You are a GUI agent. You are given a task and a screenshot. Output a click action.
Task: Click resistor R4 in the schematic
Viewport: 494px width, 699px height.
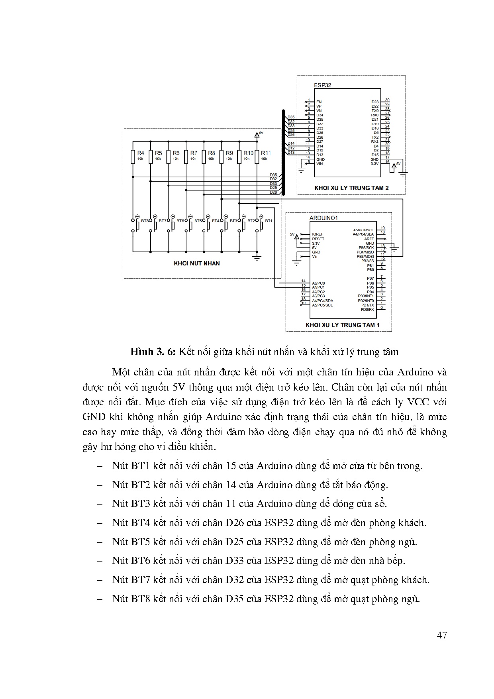click(x=133, y=156)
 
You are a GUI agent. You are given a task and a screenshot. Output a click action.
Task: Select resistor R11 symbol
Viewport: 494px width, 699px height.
click(x=257, y=156)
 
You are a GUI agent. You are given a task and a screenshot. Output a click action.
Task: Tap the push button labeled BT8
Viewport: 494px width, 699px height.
click(x=138, y=226)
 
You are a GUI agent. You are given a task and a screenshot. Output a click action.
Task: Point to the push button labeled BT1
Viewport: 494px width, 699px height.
click(x=262, y=226)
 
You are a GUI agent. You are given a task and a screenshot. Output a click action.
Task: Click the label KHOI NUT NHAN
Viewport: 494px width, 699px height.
click(x=196, y=263)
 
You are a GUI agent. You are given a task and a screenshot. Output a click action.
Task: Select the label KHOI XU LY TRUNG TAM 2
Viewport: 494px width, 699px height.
click(x=351, y=188)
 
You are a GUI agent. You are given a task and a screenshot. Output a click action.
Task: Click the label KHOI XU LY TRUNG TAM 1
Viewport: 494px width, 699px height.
click(x=342, y=325)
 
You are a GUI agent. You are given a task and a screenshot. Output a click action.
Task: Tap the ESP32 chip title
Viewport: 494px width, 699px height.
click(x=322, y=85)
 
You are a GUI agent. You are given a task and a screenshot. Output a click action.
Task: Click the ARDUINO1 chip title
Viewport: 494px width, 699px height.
click(x=323, y=218)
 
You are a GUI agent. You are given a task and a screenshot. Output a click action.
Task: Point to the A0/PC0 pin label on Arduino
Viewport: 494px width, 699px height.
click(x=318, y=283)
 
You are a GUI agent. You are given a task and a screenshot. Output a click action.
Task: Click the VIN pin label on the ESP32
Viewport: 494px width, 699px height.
click(x=320, y=164)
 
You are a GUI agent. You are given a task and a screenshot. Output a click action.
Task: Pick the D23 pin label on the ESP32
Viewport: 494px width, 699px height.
click(x=375, y=102)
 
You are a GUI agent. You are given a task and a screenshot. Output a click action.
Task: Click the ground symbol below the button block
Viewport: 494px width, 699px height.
click(x=257, y=258)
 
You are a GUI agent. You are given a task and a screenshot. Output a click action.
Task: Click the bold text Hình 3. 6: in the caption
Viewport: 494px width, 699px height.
click(x=153, y=351)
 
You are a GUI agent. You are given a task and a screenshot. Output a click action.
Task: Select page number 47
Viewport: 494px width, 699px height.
click(x=441, y=635)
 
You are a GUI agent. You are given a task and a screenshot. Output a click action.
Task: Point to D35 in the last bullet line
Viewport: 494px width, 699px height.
click(x=234, y=599)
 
